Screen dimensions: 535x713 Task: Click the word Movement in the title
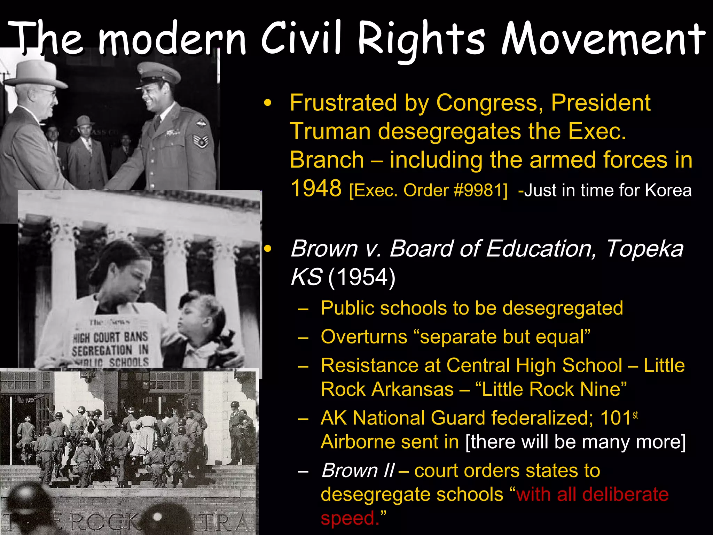click(x=602, y=39)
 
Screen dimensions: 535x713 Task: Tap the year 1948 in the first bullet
click(x=316, y=188)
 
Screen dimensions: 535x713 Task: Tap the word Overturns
click(x=364, y=337)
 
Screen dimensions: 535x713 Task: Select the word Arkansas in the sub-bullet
click(x=412, y=389)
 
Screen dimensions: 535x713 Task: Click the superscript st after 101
click(x=635, y=415)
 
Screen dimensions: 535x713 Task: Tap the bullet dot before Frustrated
click(x=267, y=103)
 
